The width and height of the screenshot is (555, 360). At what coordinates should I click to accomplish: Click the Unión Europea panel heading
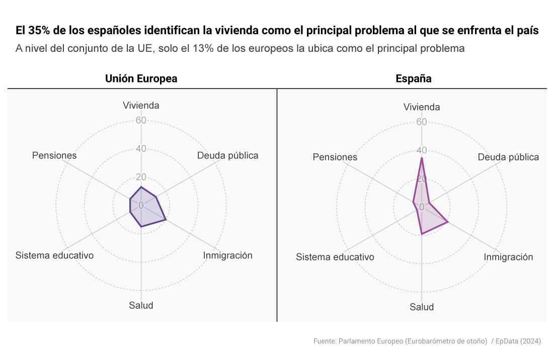(x=141, y=78)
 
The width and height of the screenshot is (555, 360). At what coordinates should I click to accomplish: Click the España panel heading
(x=413, y=78)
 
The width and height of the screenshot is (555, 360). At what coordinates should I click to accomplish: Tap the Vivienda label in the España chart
(x=422, y=107)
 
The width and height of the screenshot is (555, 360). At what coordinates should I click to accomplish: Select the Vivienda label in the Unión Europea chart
(x=141, y=105)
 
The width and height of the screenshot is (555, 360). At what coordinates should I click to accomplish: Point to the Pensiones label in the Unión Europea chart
(x=54, y=155)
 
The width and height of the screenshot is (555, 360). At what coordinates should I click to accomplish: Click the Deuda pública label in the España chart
(x=508, y=157)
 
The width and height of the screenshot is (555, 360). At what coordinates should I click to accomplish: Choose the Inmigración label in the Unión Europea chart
(x=227, y=255)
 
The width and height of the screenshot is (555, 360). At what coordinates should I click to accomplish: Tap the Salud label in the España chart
(x=422, y=307)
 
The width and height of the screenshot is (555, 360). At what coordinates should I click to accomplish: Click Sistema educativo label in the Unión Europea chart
(x=54, y=255)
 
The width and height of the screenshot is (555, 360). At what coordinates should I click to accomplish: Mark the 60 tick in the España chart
(x=422, y=122)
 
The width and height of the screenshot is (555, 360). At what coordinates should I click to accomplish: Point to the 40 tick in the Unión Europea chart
(x=141, y=149)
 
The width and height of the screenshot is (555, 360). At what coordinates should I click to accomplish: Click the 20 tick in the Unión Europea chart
(x=141, y=177)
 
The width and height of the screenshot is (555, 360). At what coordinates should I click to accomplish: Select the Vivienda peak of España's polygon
(x=422, y=157)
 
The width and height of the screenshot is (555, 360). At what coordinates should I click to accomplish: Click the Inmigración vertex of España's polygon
(x=447, y=222)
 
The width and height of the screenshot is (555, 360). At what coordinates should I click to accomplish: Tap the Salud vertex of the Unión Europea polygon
(x=141, y=227)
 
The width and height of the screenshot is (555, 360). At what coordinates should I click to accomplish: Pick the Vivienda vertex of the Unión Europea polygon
(x=141, y=187)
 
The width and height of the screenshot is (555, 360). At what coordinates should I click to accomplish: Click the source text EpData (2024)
(x=518, y=341)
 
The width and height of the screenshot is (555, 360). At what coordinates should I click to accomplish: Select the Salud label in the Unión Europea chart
(x=141, y=306)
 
